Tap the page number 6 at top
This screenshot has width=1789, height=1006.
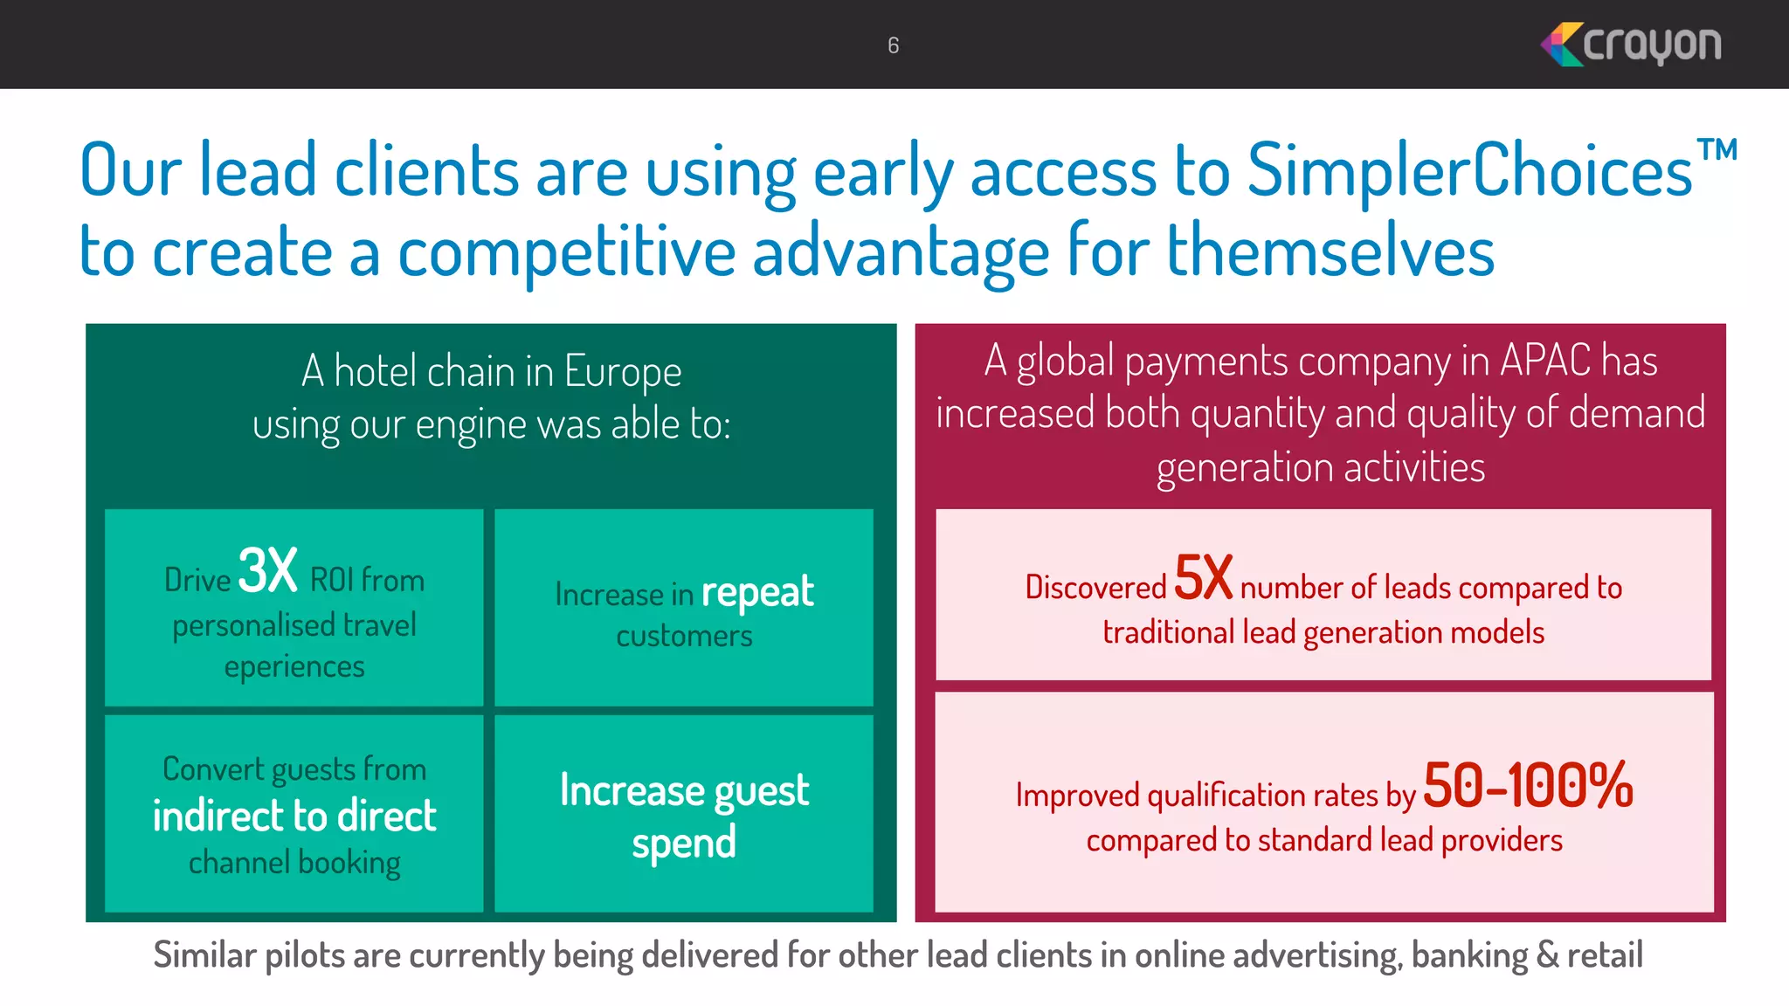point(893,45)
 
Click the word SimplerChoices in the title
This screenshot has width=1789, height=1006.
point(1469,171)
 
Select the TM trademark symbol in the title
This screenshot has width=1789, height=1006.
point(1716,150)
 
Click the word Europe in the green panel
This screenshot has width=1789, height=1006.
point(622,372)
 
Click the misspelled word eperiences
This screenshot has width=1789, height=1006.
point(294,667)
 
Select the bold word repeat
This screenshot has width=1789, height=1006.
point(757,592)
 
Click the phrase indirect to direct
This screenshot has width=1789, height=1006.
point(294,816)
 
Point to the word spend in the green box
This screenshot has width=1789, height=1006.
point(684,844)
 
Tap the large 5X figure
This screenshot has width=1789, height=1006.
point(1203,577)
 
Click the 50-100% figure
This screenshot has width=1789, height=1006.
point(1527,785)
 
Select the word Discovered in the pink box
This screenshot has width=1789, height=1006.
point(1095,588)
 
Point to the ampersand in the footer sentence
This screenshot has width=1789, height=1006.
point(1548,954)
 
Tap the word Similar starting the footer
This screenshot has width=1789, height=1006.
point(204,954)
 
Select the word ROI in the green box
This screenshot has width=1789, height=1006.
point(331,581)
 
